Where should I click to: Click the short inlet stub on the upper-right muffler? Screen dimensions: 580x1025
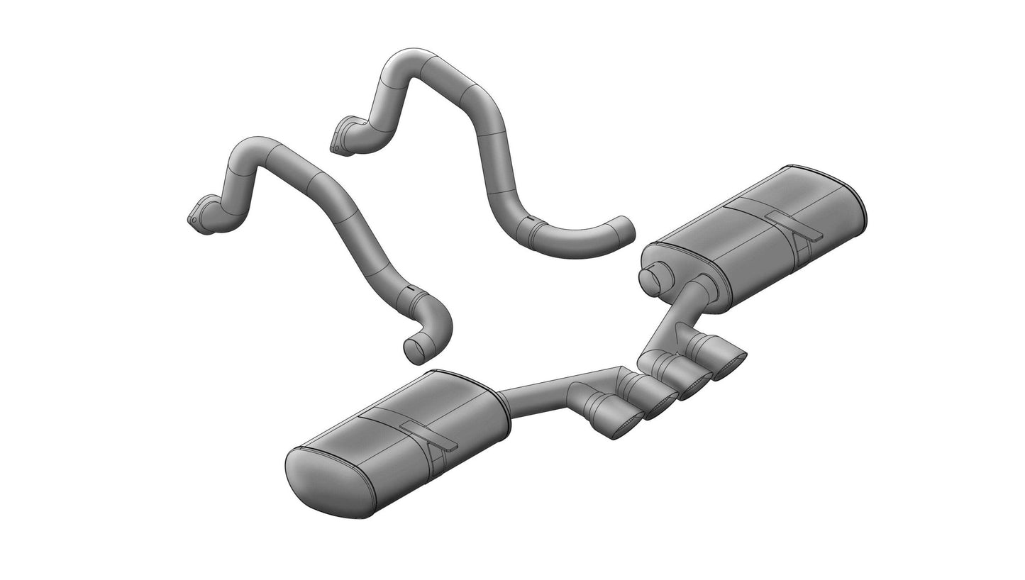tap(652, 278)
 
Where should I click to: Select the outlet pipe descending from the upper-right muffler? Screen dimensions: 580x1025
tap(674, 319)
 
